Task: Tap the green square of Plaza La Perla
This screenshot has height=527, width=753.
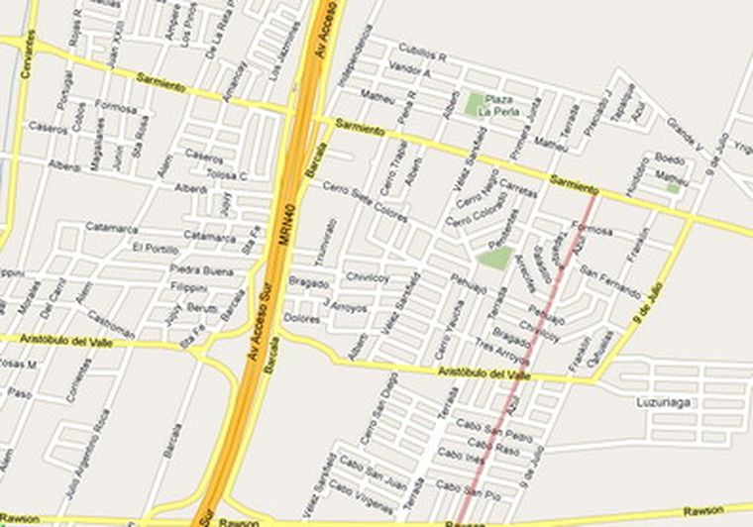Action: pos(477,102)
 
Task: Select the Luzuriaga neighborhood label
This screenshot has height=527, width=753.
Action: pos(662,403)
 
